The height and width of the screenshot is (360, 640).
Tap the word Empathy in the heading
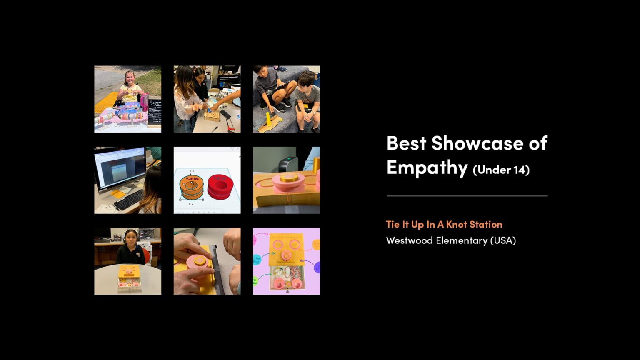click(427, 167)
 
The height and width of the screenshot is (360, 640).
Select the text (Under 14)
click(501, 170)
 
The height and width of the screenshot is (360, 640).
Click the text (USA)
click(503, 240)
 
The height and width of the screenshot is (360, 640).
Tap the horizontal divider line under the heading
click(467, 196)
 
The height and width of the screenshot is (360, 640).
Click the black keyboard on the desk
click(129, 200)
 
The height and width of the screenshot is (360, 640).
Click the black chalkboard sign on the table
click(155, 111)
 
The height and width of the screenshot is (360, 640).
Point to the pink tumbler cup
click(145, 102)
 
